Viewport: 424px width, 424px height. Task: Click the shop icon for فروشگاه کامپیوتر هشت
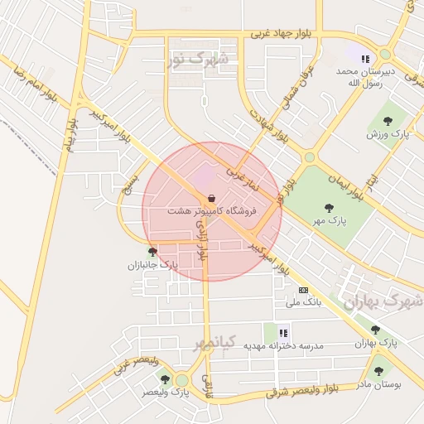[x=213, y=198]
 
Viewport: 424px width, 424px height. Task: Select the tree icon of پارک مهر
[x=330, y=208]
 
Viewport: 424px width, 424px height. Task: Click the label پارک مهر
[x=330, y=220]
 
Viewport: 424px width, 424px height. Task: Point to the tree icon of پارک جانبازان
[x=152, y=251]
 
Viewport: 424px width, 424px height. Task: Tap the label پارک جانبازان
[x=152, y=265]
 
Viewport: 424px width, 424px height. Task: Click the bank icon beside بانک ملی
[x=303, y=290]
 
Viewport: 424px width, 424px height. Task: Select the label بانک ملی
[x=303, y=302]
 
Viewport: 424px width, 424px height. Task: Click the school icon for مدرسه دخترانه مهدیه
[x=283, y=332]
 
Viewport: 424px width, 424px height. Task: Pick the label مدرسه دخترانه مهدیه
[x=283, y=344]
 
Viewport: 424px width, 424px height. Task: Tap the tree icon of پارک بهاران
[x=375, y=330]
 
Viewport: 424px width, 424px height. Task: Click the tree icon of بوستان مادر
[x=378, y=372]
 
